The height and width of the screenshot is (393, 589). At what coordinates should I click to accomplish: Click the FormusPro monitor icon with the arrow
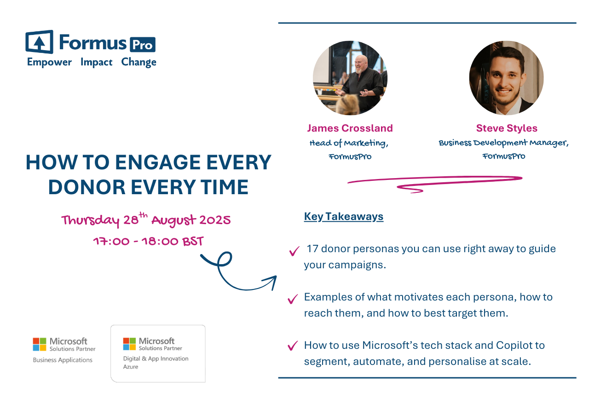coord(40,42)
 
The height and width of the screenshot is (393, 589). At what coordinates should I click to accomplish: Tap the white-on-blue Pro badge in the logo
coord(143,45)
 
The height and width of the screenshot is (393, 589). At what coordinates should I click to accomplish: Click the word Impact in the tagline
coord(96,62)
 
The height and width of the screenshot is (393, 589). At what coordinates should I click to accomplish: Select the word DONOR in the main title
coord(87,187)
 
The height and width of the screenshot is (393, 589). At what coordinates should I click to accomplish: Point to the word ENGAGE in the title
coord(158,162)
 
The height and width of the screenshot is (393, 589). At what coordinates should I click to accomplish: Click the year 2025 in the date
coord(215,220)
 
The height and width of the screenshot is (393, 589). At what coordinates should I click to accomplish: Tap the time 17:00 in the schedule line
coord(111,241)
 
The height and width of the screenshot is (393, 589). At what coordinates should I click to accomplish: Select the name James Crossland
coord(350,128)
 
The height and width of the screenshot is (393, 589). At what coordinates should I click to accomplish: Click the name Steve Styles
coord(507,128)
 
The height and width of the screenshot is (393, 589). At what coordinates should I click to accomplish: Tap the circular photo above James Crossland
coord(350,78)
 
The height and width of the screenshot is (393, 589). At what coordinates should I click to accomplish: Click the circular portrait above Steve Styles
coord(507,78)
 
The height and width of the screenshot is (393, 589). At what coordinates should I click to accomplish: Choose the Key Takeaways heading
coord(344,217)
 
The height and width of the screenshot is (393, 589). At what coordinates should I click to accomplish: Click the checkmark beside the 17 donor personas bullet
coord(294,251)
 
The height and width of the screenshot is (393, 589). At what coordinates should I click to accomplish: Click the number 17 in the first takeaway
coord(312,249)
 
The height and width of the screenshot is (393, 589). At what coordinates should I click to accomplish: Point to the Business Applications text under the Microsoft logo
coord(63,360)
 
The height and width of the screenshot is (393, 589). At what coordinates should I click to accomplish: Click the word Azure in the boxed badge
coord(131,367)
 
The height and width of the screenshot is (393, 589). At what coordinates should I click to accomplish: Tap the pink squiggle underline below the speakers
coord(435,183)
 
